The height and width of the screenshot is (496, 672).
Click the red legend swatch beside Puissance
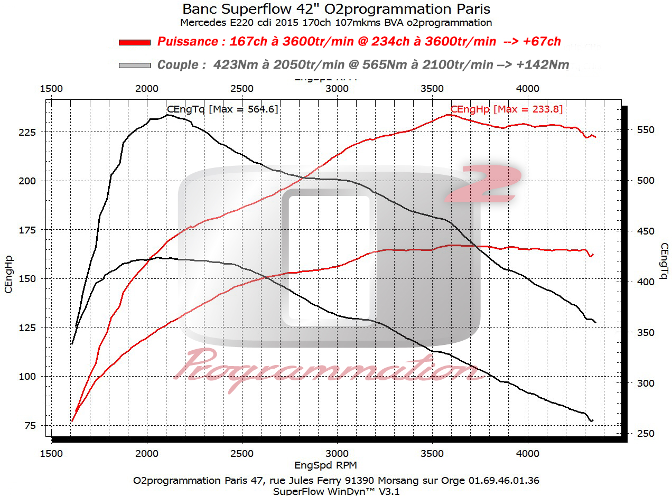135,42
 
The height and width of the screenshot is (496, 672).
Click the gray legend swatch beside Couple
135,65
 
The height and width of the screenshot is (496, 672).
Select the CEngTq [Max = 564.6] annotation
222,109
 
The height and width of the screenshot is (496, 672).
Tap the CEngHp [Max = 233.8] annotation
506,109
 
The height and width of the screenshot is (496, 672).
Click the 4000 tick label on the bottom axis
527,453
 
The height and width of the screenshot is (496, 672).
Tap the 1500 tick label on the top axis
52,88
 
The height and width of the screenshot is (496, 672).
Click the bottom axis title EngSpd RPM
325,465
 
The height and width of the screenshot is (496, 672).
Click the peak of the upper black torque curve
168,115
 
